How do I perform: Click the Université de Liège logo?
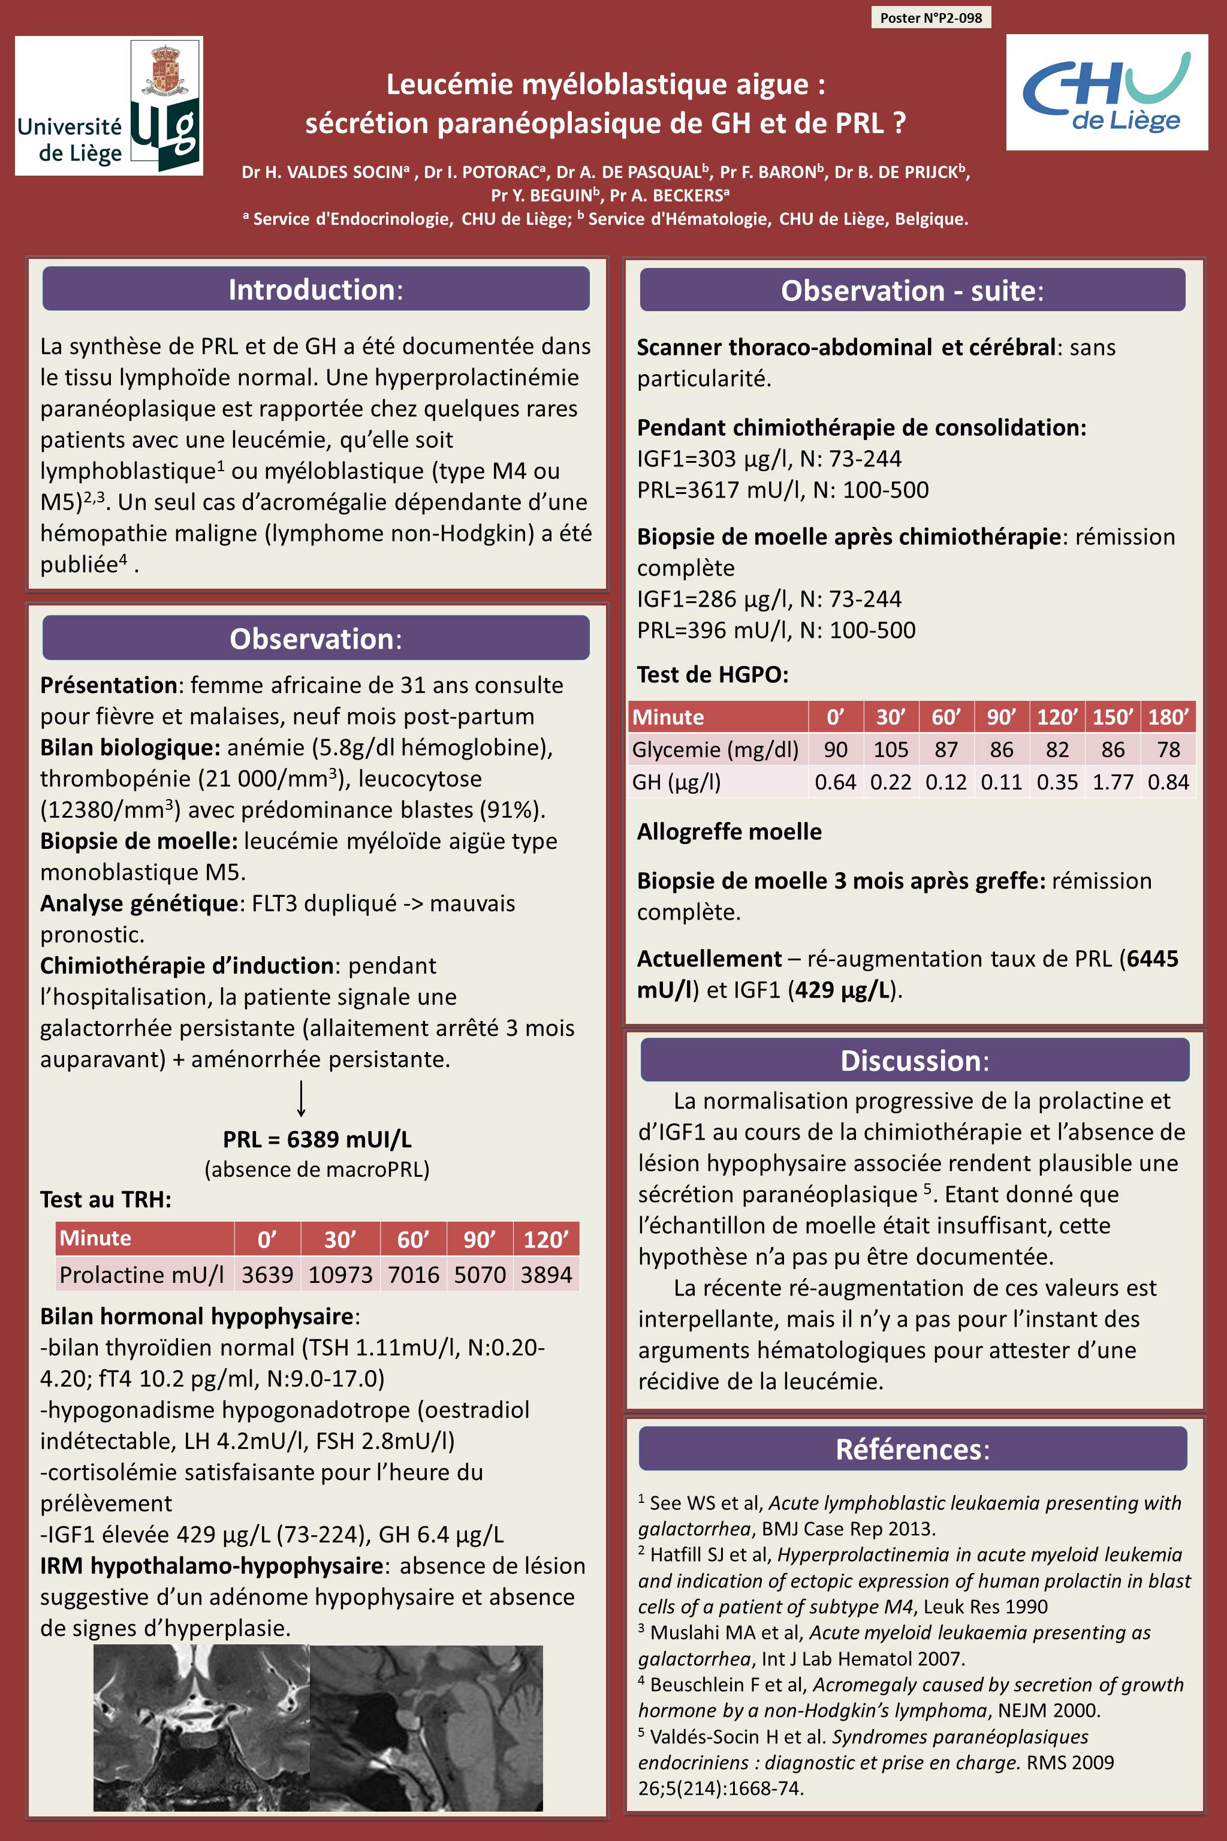click(108, 106)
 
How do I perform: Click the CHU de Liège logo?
click(1107, 92)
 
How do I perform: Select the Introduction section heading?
click(315, 290)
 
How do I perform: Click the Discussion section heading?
click(914, 1060)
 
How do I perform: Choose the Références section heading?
click(912, 1449)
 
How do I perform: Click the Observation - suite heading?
click(912, 290)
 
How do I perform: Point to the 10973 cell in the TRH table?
click(340, 1274)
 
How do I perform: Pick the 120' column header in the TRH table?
click(546, 1239)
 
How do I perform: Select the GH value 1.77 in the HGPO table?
click(1113, 782)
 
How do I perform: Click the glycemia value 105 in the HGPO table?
click(891, 749)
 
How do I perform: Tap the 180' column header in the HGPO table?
click(1168, 717)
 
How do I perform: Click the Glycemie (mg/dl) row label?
click(715, 749)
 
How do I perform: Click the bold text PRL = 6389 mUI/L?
click(317, 1139)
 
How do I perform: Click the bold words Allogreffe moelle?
click(729, 831)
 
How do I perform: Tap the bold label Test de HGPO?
click(712, 674)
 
